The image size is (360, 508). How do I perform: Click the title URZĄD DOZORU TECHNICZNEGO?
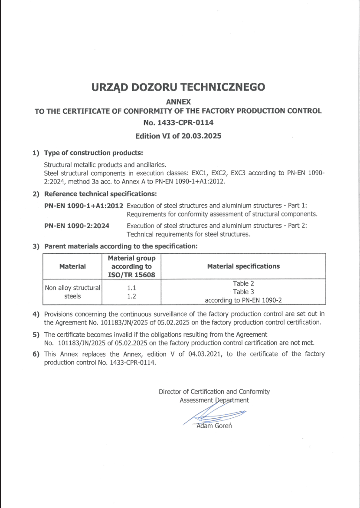178,87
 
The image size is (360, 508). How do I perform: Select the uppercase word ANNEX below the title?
178,101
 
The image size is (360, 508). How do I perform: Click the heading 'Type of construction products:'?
93,153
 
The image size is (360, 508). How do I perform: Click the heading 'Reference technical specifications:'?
100,193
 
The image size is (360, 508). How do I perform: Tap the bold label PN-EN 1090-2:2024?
77,226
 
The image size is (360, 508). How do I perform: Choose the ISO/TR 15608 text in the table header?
131,274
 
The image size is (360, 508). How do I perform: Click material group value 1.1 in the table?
131,288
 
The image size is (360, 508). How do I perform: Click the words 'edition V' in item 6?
161,354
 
